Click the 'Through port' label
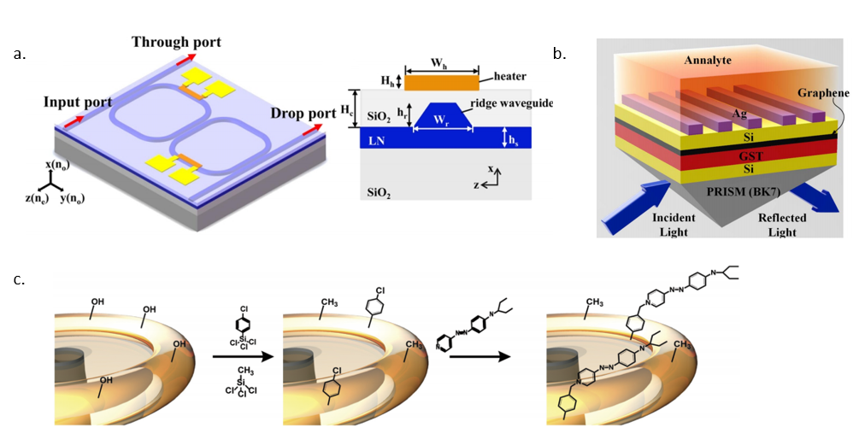tap(176, 43)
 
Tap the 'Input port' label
tap(78, 102)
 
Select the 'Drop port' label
tap(303, 114)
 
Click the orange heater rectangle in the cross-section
tap(442, 82)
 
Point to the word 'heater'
tap(510, 77)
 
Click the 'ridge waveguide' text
tap(512, 102)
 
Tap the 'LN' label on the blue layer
tap(376, 141)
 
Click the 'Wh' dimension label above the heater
tap(438, 63)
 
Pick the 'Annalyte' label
tap(708, 60)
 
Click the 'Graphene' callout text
tap(823, 92)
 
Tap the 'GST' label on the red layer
tap(750, 156)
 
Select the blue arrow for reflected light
tap(814, 197)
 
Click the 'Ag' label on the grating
tap(739, 114)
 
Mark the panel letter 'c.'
tap(20, 279)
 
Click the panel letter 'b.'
tap(559, 54)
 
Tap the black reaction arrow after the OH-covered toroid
tap(243, 357)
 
